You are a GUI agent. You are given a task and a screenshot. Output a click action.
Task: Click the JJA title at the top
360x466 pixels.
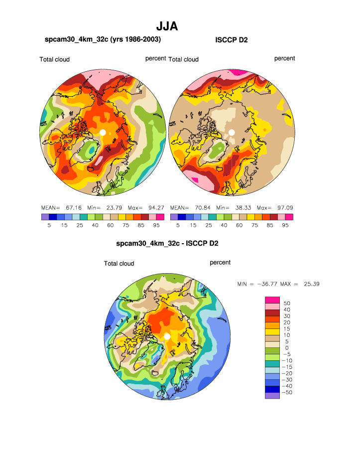(x=167, y=26)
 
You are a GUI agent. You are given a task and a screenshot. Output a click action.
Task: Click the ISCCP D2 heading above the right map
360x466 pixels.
(x=231, y=40)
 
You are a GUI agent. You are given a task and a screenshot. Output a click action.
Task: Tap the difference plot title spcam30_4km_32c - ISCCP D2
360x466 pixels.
(x=167, y=244)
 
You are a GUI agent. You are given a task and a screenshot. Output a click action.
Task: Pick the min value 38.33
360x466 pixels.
(x=241, y=207)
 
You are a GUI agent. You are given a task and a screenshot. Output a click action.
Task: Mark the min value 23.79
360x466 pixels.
(x=112, y=207)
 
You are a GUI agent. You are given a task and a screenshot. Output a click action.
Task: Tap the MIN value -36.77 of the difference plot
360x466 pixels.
(x=264, y=284)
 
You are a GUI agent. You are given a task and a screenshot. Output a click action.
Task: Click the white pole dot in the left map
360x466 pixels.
(x=103, y=132)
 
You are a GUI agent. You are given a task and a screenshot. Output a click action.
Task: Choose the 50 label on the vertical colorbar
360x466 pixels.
(x=286, y=303)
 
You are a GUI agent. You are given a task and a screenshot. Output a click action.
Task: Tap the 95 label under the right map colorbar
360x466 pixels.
(x=285, y=225)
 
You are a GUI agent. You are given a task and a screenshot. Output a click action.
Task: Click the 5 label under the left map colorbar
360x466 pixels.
(x=49, y=225)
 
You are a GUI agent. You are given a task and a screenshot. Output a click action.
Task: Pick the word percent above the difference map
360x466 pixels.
(x=220, y=262)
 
